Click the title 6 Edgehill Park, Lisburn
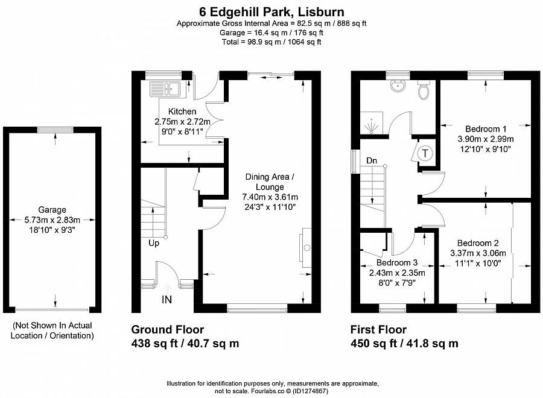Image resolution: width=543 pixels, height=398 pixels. [x=271, y=11]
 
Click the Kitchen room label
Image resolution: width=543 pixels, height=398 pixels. [x=182, y=112]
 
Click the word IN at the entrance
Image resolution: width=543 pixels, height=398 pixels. [x=167, y=299]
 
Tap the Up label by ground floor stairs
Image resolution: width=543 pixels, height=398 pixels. [x=154, y=244]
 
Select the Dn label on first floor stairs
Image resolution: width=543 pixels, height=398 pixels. [x=372, y=161]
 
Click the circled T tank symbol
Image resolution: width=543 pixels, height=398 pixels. [x=426, y=153]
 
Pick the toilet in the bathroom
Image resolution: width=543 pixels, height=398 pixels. [x=424, y=90]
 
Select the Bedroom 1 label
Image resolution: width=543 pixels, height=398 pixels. [x=486, y=128]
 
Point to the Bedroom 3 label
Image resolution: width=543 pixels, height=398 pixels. [x=397, y=263]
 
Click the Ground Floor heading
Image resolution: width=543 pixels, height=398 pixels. [x=168, y=330]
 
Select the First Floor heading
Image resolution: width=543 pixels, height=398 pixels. [x=378, y=330]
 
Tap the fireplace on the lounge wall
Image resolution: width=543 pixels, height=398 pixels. [x=306, y=246]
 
